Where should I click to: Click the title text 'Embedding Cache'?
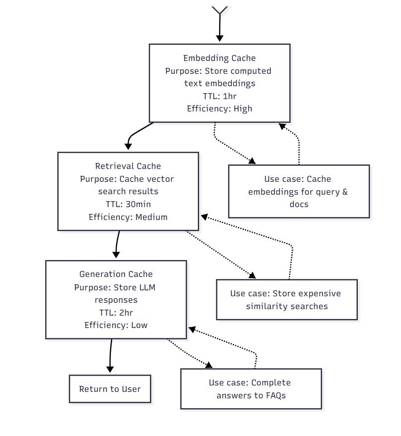pos(219,58)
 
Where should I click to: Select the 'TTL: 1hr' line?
pos(219,96)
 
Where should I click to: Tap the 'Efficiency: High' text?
pos(219,109)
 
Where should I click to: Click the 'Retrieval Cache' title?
pos(128,166)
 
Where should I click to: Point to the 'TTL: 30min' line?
pos(128,204)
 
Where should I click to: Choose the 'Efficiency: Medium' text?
pos(128,217)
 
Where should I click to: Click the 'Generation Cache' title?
pos(116,274)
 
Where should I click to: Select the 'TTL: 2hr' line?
pos(116,313)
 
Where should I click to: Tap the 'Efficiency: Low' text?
pos(116,326)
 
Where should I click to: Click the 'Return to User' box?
pos(110,389)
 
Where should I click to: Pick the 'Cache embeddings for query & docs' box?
pos(299,192)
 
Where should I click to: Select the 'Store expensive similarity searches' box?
pos(287,300)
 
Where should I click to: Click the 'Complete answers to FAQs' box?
pos(251,389)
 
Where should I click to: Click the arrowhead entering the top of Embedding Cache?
pos(219,39)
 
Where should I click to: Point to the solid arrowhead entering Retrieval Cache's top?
pos(128,147)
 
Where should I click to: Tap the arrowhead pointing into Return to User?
pos(110,370)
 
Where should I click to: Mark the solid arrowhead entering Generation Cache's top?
pos(116,255)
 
